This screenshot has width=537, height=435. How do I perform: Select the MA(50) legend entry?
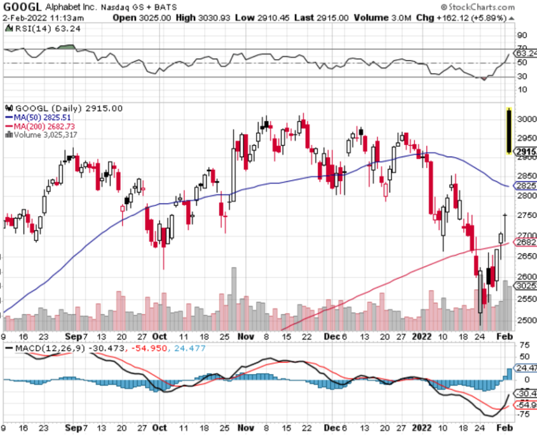click(37, 118)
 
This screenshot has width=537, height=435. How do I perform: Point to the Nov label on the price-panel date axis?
click(246, 336)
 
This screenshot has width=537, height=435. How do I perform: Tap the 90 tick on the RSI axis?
click(522, 35)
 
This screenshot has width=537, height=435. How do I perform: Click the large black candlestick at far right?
click(509, 131)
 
